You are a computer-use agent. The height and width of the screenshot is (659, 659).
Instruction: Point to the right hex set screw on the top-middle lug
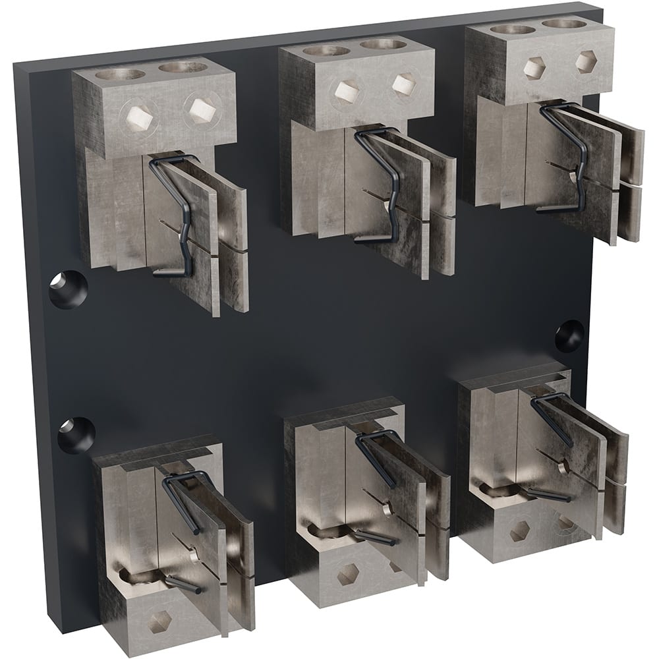coord(403,84)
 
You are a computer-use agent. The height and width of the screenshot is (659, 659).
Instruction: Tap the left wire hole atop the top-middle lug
coord(325,51)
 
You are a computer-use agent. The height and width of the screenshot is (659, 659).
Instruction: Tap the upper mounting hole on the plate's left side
coord(67,289)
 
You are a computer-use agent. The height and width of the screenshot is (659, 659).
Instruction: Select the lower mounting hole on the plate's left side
coord(76,434)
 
